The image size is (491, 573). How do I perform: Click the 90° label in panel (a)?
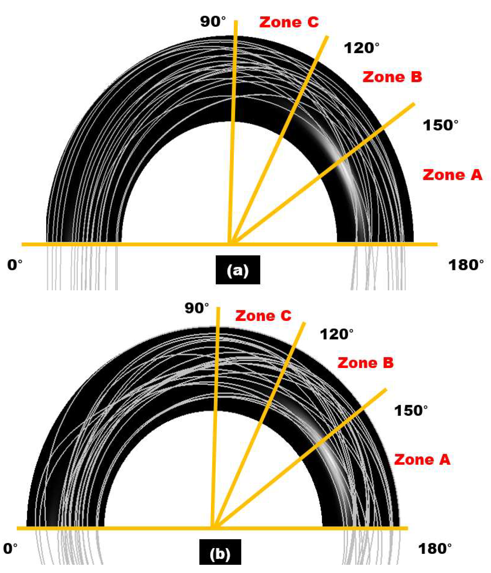[213, 22]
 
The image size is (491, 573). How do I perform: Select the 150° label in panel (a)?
[440, 125]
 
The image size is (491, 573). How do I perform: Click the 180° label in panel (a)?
[466, 265]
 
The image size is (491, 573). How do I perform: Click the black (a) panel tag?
[238, 270]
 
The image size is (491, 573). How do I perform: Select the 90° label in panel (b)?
[197, 308]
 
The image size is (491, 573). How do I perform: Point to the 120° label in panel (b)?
[336, 334]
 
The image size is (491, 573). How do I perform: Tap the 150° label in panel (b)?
[411, 411]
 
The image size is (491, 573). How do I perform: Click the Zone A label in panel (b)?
[422, 459]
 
